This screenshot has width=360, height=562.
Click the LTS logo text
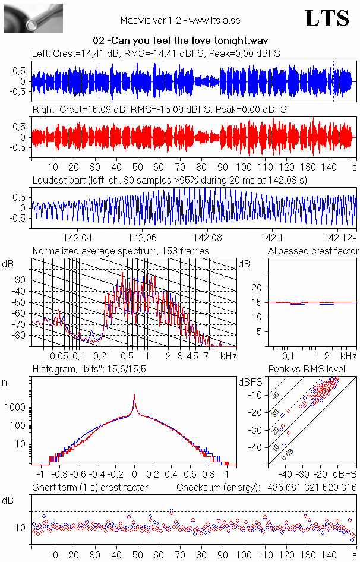click(327, 18)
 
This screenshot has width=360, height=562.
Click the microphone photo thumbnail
click(33, 18)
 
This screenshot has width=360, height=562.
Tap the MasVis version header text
click(180, 20)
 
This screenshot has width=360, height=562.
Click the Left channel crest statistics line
click(156, 53)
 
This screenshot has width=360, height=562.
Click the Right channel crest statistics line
click(159, 110)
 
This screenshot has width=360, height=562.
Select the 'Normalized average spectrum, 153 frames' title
click(121, 251)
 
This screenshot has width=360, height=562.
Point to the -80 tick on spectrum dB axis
click(20, 336)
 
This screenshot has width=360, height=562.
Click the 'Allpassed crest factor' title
click(313, 251)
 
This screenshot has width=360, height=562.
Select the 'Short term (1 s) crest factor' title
click(90, 487)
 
